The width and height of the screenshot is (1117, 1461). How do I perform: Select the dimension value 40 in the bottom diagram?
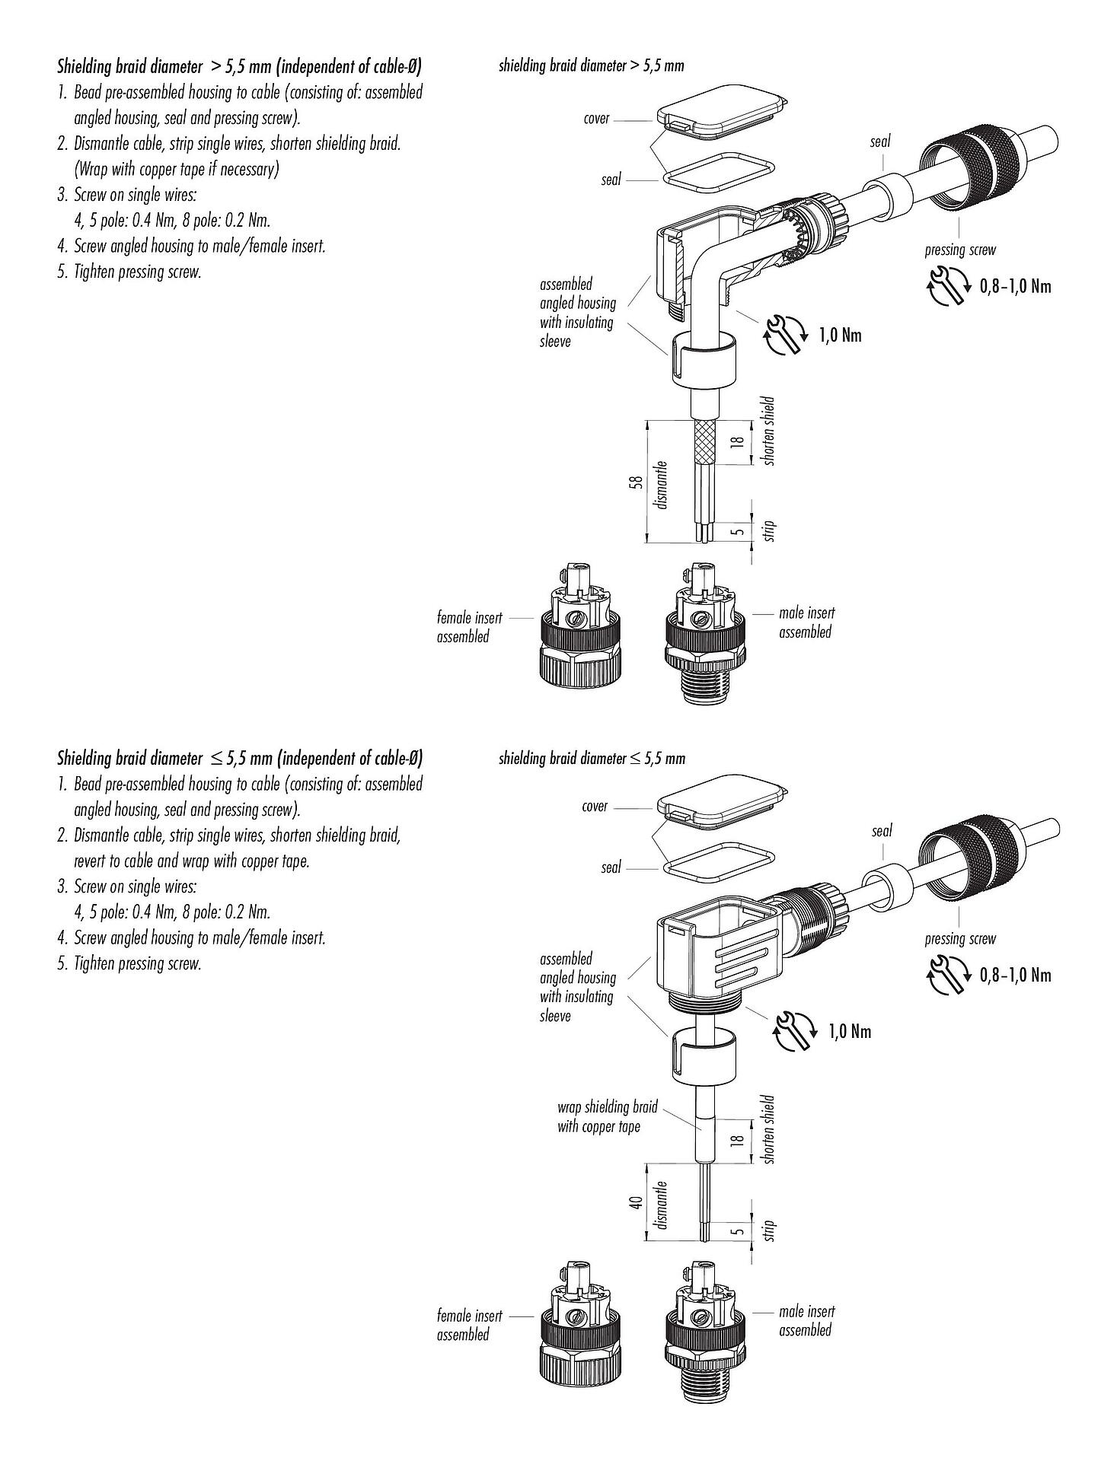[x=638, y=1202]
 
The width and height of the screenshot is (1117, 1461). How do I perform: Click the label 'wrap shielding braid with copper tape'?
[x=607, y=1116]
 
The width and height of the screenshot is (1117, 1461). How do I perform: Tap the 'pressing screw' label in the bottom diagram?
[x=959, y=939]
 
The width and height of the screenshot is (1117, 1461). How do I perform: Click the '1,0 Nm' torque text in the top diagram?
[x=841, y=335]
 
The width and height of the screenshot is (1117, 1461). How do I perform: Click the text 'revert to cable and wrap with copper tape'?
[x=191, y=861]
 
